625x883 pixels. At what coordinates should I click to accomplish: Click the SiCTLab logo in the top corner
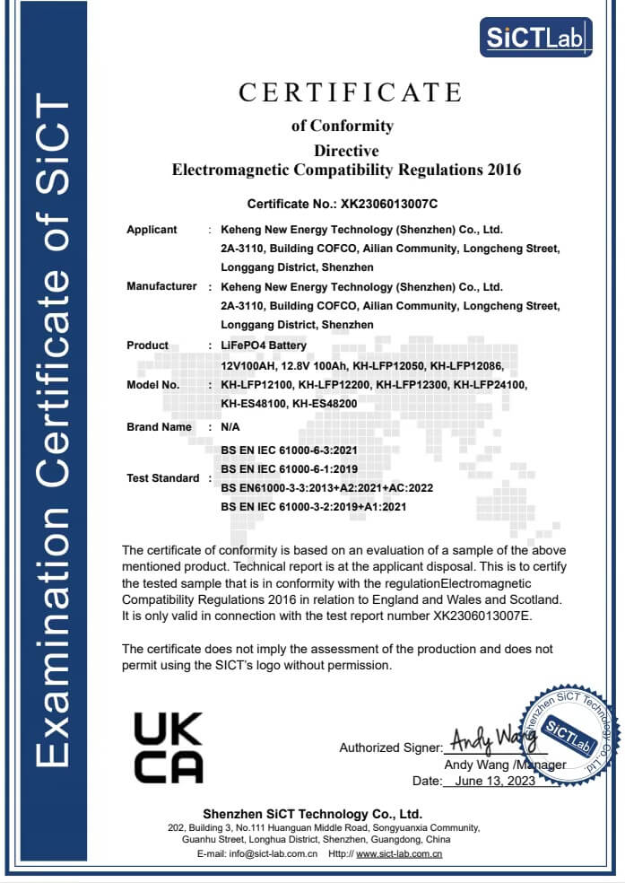pos(535,38)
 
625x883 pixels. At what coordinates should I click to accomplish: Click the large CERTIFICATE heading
pos(350,92)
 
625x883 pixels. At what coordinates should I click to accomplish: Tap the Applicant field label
pos(152,230)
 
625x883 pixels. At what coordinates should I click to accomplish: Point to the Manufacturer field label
pos(161,286)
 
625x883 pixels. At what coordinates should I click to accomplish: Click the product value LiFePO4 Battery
pos(264,345)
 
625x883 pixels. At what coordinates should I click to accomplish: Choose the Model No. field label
pos(153,384)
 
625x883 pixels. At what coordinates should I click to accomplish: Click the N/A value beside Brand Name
pos(230,427)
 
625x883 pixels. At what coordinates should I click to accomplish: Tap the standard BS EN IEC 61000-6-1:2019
pos(289,469)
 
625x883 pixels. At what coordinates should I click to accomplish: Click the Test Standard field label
pos(163,478)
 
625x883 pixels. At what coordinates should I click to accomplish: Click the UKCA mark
pos(168,747)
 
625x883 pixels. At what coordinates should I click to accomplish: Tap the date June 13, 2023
pos(496,781)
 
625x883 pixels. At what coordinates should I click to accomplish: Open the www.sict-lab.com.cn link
pos(399,853)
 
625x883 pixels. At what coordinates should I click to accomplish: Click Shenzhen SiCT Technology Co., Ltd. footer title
pos(312,814)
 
